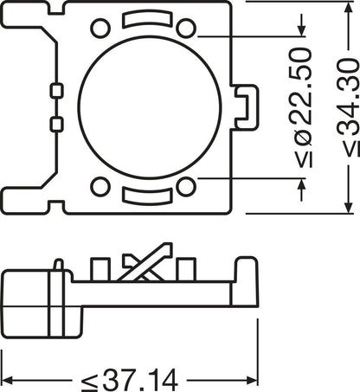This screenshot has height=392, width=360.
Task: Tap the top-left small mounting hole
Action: point(100,28)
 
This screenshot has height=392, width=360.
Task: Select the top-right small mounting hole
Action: point(184,28)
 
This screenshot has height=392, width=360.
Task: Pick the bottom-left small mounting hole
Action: point(100,186)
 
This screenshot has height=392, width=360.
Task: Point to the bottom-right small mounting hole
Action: point(184,186)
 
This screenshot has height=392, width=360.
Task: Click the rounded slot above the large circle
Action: point(143,17)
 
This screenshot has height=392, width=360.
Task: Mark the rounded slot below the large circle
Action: point(143,196)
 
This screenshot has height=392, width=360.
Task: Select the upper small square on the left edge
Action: point(56,90)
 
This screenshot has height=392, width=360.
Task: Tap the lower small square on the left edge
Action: point(56,124)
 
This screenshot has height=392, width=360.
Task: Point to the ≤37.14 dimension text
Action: point(129,379)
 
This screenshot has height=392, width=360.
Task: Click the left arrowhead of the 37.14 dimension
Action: point(7,378)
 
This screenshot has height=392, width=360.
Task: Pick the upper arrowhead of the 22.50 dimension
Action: point(301,29)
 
